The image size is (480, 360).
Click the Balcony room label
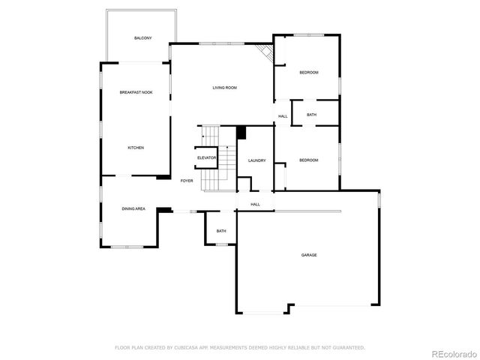coord(143,37)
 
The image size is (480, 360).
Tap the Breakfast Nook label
coord(136,92)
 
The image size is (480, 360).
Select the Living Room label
coord(224,88)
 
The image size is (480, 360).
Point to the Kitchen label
coord(136,148)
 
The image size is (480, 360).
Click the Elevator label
coord(207,157)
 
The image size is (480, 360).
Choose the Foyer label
coord(187,181)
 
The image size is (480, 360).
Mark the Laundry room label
coord(257,160)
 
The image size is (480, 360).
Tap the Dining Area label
coord(134,208)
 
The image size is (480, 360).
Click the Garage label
coord(309,255)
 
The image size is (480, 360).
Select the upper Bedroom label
coord(309,72)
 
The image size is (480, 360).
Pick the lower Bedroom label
coord(309,160)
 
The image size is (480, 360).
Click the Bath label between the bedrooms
coord(311,115)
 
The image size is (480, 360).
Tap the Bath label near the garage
coord(221,231)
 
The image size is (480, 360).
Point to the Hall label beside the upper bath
coord(283,116)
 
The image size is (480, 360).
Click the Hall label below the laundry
coord(255,204)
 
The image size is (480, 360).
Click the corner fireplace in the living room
coord(264,52)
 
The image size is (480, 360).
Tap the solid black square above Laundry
coord(241,133)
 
